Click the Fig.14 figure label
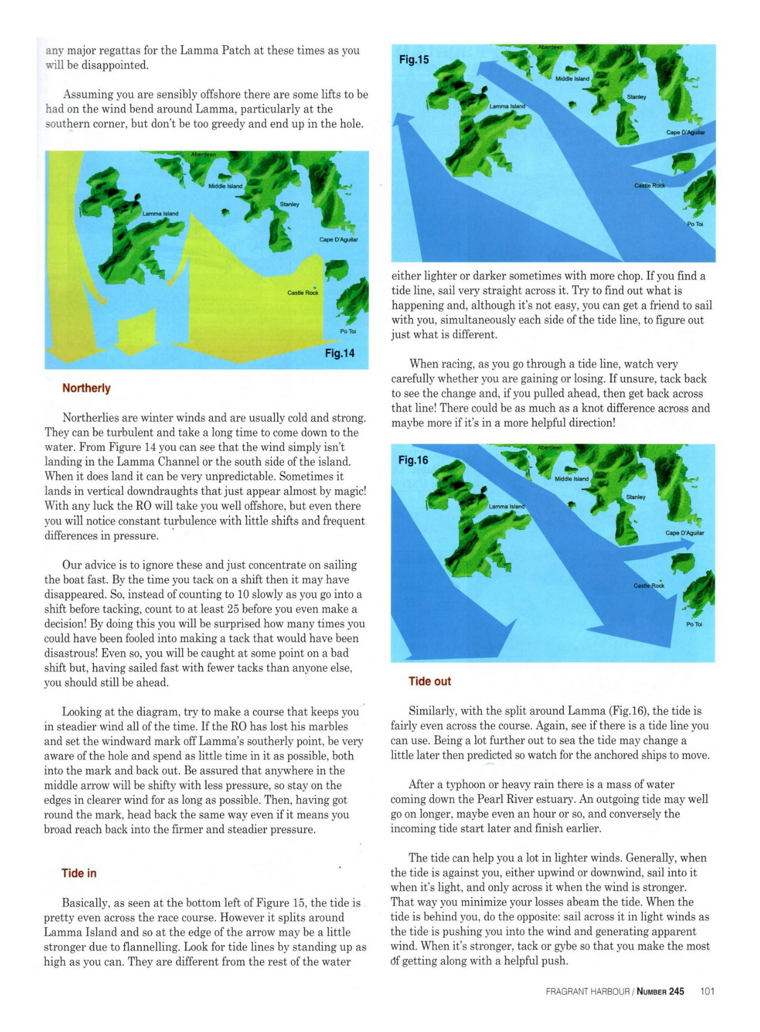point(339,353)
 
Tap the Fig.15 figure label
point(413,60)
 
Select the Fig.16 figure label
point(413,460)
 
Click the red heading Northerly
point(86,388)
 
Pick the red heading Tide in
point(79,873)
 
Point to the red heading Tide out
point(429,681)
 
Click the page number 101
point(707,991)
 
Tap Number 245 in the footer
point(660,991)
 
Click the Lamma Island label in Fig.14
point(160,214)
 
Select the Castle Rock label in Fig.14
point(303,293)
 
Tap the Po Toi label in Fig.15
point(695,224)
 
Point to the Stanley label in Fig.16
point(636,497)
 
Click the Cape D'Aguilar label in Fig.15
point(685,132)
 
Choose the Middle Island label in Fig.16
point(571,479)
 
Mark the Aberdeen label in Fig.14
point(203,155)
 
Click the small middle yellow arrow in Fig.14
point(133,335)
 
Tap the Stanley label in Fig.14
point(289,204)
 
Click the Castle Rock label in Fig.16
point(649,585)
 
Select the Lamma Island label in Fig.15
point(507,107)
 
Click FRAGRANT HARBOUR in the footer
point(587,991)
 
